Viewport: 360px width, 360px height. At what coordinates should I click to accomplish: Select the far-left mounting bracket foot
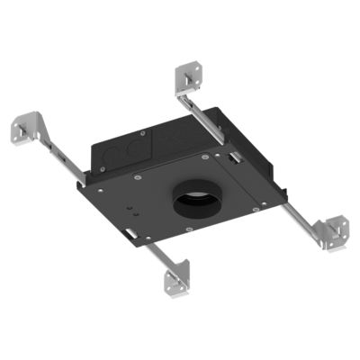pyautogui.click(x=26, y=125)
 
